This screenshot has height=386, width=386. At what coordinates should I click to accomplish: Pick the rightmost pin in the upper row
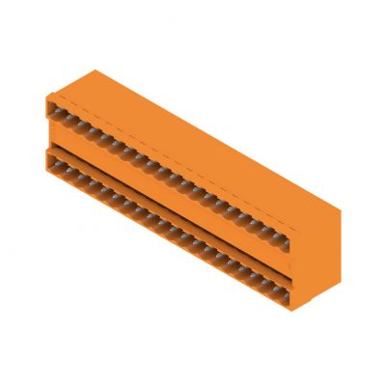[281, 233]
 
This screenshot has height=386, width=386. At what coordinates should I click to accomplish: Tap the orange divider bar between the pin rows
[169, 199]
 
